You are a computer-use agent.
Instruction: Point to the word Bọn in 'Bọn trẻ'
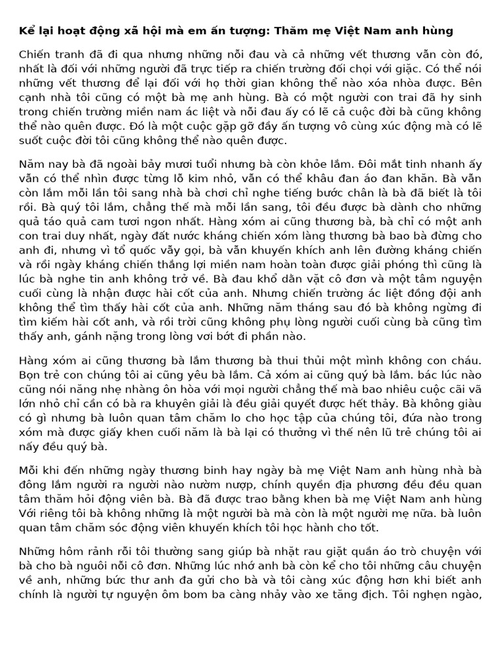point(31,374)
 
